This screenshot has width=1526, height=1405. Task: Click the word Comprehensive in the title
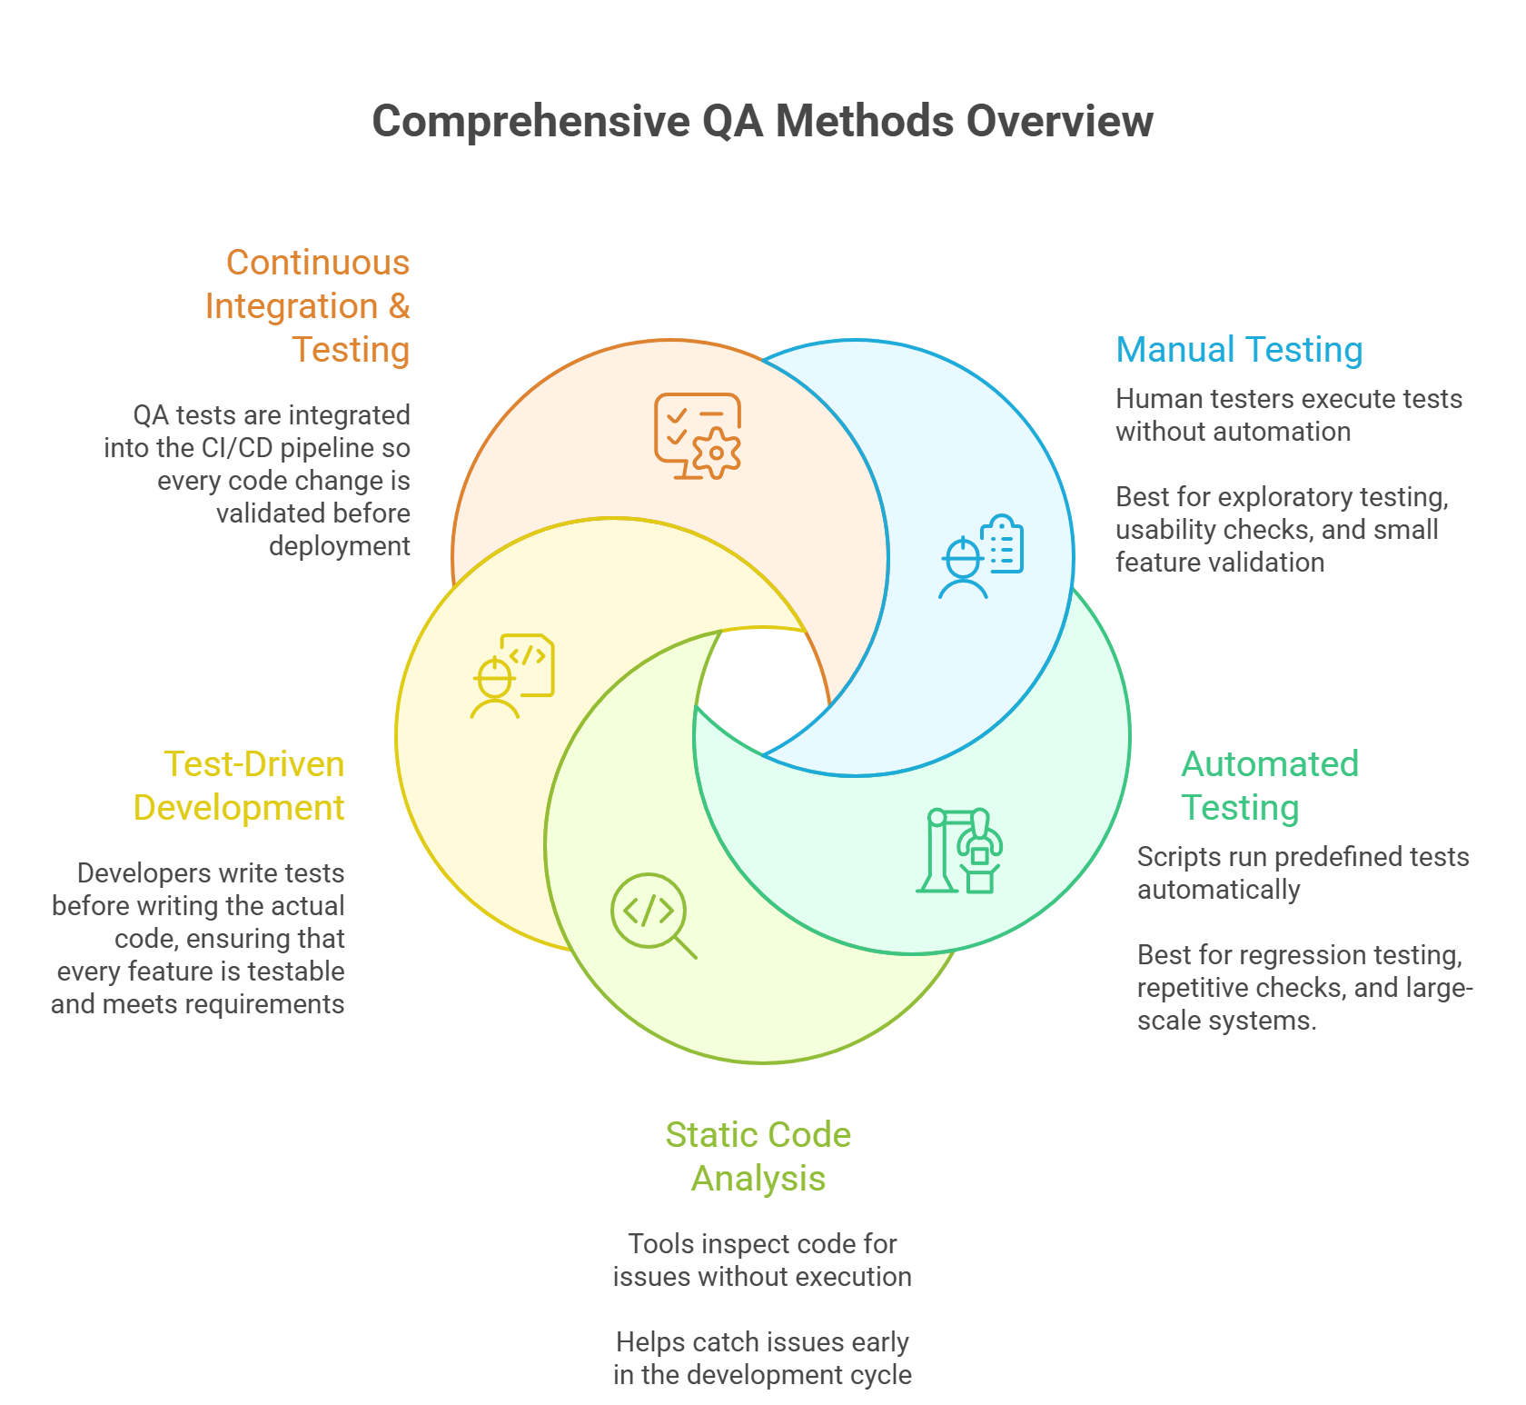[x=531, y=122]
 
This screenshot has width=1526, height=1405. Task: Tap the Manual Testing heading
[x=1239, y=350]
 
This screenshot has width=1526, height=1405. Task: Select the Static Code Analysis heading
[x=758, y=1156]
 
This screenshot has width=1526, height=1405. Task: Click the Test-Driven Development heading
[x=239, y=786]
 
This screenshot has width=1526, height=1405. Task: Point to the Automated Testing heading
[x=1269, y=786]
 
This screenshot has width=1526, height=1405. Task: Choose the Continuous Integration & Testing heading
[x=307, y=306]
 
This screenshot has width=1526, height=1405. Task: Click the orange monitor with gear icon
[x=698, y=436]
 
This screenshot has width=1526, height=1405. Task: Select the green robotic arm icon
[x=960, y=851]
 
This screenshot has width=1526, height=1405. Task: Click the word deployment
[x=339, y=546]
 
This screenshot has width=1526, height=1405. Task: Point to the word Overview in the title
[x=1059, y=122]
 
